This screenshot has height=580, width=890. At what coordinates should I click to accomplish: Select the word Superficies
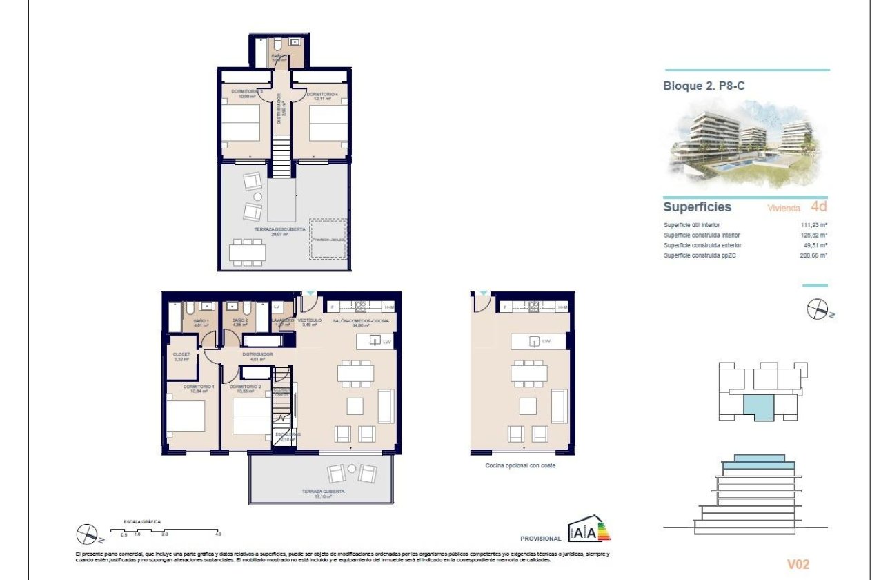[x=697, y=207]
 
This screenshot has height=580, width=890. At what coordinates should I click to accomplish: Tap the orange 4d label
[x=818, y=206]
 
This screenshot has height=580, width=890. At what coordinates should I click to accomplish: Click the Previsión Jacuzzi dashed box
[x=328, y=239]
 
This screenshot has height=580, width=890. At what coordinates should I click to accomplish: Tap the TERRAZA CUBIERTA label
[x=323, y=492]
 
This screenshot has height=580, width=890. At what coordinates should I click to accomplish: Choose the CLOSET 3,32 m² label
[x=181, y=356]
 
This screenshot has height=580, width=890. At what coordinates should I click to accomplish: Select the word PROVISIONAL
[x=541, y=538]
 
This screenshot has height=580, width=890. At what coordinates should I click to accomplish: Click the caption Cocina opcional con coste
[x=520, y=465]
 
